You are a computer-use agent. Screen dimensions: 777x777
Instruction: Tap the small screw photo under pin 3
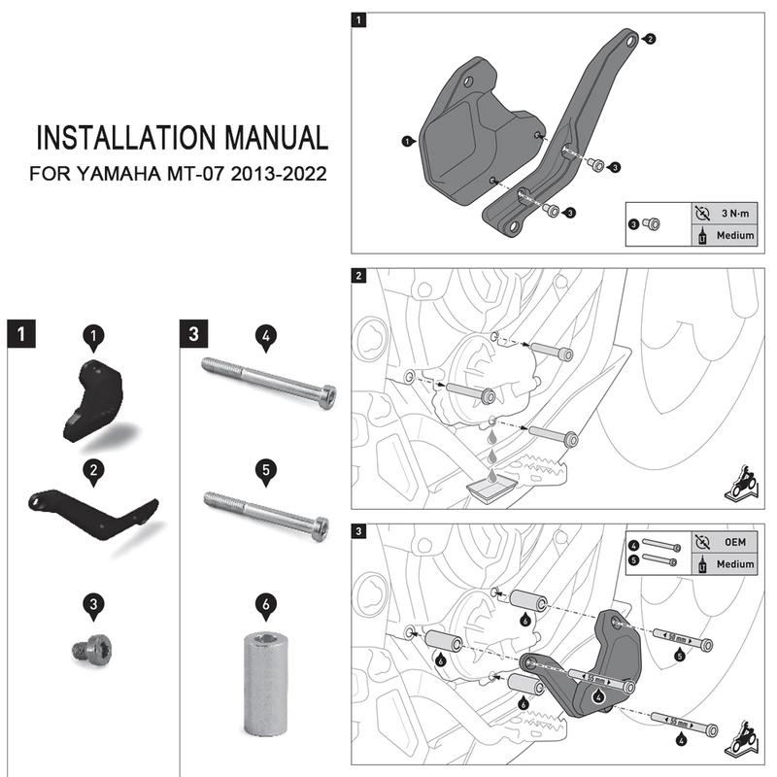point(91,649)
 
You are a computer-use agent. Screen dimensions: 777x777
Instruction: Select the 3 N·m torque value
point(734,213)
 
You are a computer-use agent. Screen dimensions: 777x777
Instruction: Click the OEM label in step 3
point(734,542)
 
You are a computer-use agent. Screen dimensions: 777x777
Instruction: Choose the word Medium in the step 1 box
point(734,235)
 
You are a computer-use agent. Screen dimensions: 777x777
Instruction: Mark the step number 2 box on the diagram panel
point(360,277)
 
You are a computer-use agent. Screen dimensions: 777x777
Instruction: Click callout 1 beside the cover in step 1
point(405,141)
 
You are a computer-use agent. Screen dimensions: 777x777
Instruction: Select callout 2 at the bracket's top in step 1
point(650,39)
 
